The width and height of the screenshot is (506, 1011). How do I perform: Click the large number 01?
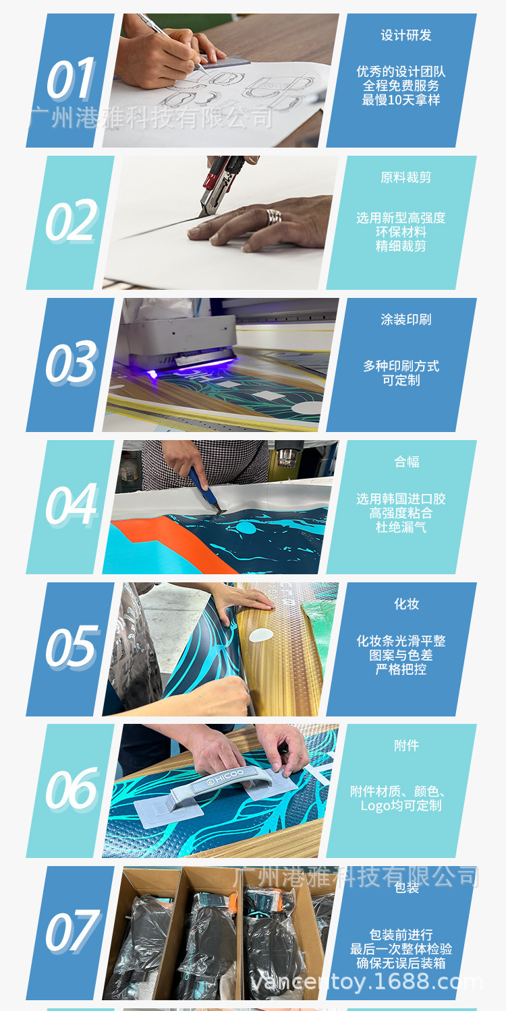point(71,79)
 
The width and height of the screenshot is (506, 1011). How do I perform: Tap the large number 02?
point(71,220)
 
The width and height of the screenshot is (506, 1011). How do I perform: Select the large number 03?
point(71,363)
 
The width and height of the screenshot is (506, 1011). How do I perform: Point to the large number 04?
point(71,505)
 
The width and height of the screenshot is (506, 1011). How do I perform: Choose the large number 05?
point(72,647)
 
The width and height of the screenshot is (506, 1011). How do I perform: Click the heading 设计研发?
point(405,35)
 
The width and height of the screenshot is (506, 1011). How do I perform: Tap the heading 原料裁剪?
point(405,177)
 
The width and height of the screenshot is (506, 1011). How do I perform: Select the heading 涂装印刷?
point(405,319)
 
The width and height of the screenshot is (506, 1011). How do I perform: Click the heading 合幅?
point(406,462)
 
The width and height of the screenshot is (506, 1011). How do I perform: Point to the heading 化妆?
point(406,604)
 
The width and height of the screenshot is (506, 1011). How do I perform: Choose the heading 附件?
point(406,745)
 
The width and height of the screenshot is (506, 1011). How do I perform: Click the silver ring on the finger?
point(273,216)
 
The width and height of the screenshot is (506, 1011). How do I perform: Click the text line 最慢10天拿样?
point(401,100)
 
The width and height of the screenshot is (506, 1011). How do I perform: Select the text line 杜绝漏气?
point(401,526)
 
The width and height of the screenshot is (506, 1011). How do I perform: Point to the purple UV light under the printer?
point(190,367)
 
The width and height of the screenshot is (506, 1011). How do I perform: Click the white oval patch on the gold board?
point(261,635)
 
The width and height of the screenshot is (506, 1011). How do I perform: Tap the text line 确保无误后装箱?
point(401,963)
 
